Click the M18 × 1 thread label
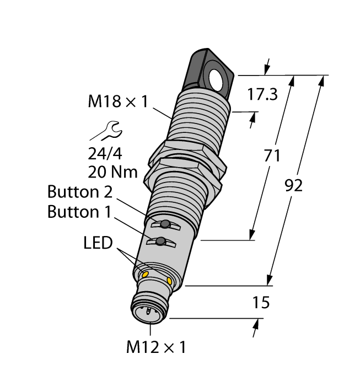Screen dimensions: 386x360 coord(118,101)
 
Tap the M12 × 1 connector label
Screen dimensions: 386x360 coord(156,348)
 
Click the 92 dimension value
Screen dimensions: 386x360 coord(293,186)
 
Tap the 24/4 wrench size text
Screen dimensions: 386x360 coord(106,153)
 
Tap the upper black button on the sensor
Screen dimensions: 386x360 coord(164,224)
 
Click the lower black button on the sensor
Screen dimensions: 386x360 coord(160,242)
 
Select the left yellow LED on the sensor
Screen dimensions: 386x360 coord(146,274)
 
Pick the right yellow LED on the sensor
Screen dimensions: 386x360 coord(169,282)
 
